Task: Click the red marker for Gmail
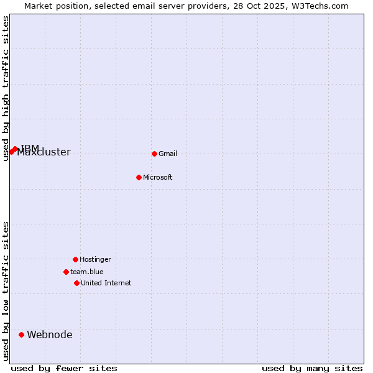pos(154,154)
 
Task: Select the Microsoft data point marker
pos(139,177)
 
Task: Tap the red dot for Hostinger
pos(75,259)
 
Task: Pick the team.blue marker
pos(66,272)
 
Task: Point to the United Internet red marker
pos(76,283)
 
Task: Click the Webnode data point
pos(21,334)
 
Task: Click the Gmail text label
pos(168,154)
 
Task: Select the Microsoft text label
pos(157,177)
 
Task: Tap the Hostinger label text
pos(95,259)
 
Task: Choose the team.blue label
pos(86,272)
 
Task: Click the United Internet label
pos(106,283)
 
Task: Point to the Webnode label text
pos(49,334)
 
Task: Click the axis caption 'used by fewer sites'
pos(64,368)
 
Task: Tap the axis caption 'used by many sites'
pos(312,368)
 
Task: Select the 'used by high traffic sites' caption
pos(6,88)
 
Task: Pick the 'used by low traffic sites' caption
pos(6,291)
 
